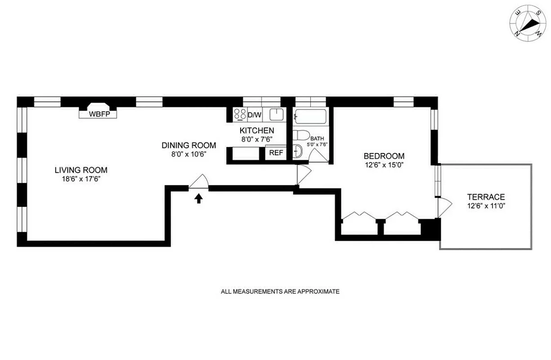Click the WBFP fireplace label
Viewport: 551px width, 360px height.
tap(98, 114)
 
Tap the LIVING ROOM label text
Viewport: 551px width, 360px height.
tap(81, 170)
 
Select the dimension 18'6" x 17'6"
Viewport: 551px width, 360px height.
tap(81, 179)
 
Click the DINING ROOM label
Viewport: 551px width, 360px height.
tap(189, 145)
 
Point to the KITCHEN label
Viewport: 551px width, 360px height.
tap(256, 130)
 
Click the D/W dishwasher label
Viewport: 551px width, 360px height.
tap(255, 115)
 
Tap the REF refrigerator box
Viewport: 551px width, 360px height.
tap(276, 153)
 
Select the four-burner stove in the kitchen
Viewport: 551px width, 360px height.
tap(240, 115)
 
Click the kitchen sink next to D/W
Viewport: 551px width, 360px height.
tap(275, 115)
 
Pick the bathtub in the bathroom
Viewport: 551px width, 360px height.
tap(310, 116)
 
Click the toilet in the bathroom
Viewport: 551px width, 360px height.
tap(301, 135)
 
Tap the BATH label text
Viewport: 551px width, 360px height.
tap(316, 139)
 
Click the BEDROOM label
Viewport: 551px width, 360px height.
tap(384, 156)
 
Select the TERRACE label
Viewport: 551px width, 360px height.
tap(486, 197)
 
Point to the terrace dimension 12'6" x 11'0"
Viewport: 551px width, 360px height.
tap(486, 206)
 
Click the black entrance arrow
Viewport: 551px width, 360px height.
tap(198, 198)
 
